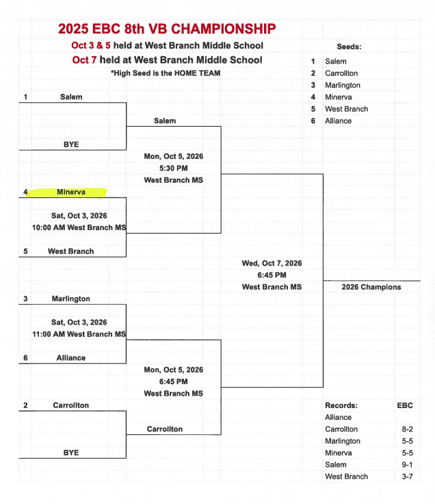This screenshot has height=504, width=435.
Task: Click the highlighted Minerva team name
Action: click(x=71, y=192)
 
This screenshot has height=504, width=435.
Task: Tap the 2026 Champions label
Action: click(x=371, y=287)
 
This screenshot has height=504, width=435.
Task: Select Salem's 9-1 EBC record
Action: click(x=407, y=464)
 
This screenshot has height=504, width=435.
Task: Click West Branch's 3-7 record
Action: click(x=407, y=477)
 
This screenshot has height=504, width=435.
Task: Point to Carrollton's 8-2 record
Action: click(x=407, y=429)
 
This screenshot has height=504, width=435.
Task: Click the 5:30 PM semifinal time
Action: click(x=173, y=168)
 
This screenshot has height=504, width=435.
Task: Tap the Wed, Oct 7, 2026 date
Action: click(x=272, y=263)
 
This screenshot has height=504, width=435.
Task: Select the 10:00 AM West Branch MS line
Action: click(x=79, y=227)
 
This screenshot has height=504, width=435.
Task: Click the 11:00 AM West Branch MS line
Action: click(x=79, y=334)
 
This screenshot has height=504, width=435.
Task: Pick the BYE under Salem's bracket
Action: click(x=71, y=144)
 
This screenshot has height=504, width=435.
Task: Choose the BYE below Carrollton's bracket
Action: click(x=71, y=453)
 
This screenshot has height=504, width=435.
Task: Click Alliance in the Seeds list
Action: click(x=338, y=121)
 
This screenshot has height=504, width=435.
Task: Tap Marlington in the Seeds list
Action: click(x=343, y=85)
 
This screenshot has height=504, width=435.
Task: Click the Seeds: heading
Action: click(x=349, y=47)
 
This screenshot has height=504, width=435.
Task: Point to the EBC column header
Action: click(x=405, y=405)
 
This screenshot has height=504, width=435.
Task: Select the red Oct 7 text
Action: click(x=84, y=60)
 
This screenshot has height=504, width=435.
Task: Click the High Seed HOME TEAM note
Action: click(x=166, y=73)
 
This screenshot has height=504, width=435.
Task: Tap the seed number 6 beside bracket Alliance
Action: click(x=25, y=357)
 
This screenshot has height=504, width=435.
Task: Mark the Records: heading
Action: click(x=341, y=405)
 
